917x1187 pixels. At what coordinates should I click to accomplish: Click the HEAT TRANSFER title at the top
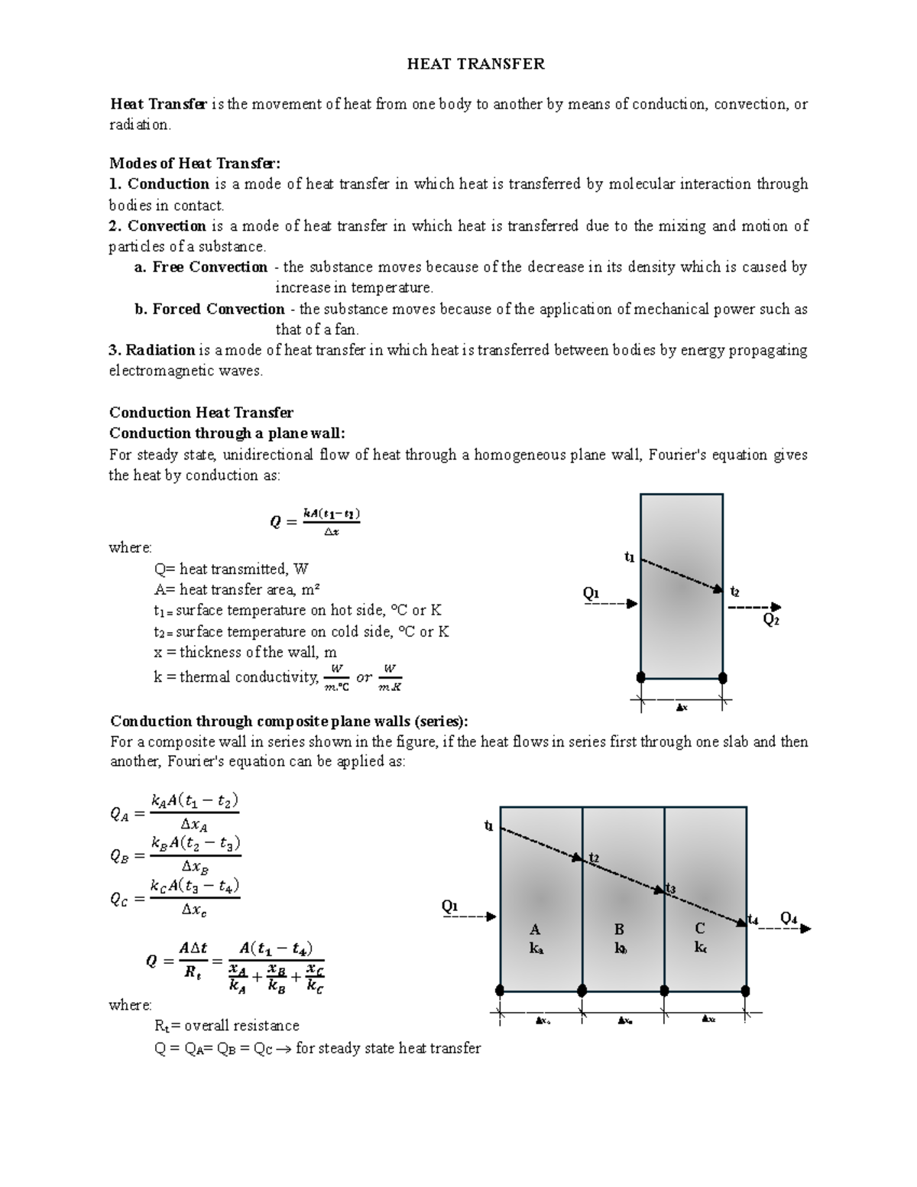(x=475, y=64)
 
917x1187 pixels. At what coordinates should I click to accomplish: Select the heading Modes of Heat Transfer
(x=195, y=163)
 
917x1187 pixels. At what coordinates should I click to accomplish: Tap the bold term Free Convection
(x=209, y=267)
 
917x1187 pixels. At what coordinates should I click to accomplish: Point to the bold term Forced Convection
(x=218, y=309)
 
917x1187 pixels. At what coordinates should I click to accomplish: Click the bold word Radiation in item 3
(x=160, y=350)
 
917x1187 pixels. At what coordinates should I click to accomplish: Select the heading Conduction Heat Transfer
(x=202, y=413)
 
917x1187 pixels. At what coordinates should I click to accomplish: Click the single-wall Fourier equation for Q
(x=315, y=522)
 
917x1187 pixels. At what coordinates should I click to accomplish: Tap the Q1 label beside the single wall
(x=591, y=593)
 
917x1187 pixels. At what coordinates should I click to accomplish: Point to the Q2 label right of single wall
(x=771, y=621)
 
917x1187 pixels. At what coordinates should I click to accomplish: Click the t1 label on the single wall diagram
(x=629, y=557)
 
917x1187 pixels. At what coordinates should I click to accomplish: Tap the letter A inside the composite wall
(x=535, y=929)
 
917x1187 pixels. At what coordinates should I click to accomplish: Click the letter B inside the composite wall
(x=619, y=929)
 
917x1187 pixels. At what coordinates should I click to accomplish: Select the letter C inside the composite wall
(x=699, y=929)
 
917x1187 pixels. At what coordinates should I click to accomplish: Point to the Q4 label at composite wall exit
(x=789, y=918)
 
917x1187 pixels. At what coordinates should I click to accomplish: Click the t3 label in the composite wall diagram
(x=670, y=888)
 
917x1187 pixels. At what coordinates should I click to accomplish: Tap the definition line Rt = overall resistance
(x=226, y=1026)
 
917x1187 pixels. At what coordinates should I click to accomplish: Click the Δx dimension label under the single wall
(x=682, y=708)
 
